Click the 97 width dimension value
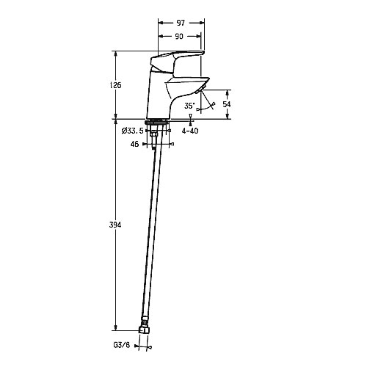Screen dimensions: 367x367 coord(181,23)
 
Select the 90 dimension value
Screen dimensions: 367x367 coord(179,36)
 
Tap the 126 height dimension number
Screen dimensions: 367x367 coord(115,85)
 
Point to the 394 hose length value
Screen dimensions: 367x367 coord(115,225)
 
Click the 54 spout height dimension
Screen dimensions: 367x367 coord(227,104)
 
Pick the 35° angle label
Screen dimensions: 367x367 coord(189,106)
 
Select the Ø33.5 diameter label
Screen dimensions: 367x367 coord(133,131)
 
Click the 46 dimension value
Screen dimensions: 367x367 coord(134,144)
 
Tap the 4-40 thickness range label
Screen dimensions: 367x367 coord(190,131)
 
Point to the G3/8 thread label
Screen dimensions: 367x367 coord(121,345)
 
